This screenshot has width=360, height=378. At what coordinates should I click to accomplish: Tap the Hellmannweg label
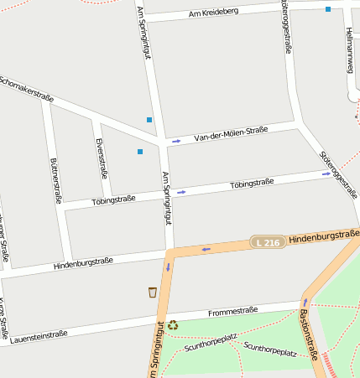pyautogui.click(x=350, y=49)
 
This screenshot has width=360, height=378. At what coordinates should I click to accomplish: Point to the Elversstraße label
pyautogui.click(x=102, y=158)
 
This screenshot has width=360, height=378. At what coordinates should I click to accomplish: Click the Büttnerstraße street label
pyautogui.click(x=56, y=180)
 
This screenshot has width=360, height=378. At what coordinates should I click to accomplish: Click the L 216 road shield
pyautogui.click(x=267, y=242)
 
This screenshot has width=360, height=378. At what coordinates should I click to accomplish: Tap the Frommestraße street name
pyautogui.click(x=232, y=311)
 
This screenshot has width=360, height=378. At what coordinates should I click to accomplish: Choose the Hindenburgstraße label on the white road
pyautogui.click(x=82, y=263)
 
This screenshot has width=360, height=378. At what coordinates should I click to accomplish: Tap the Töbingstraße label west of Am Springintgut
pyautogui.click(x=113, y=199)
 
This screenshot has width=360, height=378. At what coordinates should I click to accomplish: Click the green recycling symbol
pyautogui.click(x=172, y=325)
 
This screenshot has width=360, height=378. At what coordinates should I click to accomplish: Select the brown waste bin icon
pyautogui.click(x=152, y=293)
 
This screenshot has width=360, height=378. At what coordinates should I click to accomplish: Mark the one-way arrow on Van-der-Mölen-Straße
pyautogui.click(x=176, y=141)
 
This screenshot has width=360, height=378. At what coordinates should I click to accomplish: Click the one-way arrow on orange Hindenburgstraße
pyautogui.click(x=206, y=249)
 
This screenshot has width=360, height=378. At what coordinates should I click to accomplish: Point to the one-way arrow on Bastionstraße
pyautogui.click(x=305, y=302)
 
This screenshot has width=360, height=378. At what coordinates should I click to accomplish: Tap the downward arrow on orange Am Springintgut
pyautogui.click(x=168, y=267)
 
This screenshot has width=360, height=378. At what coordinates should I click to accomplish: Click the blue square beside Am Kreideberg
pyautogui.click(x=328, y=9)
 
